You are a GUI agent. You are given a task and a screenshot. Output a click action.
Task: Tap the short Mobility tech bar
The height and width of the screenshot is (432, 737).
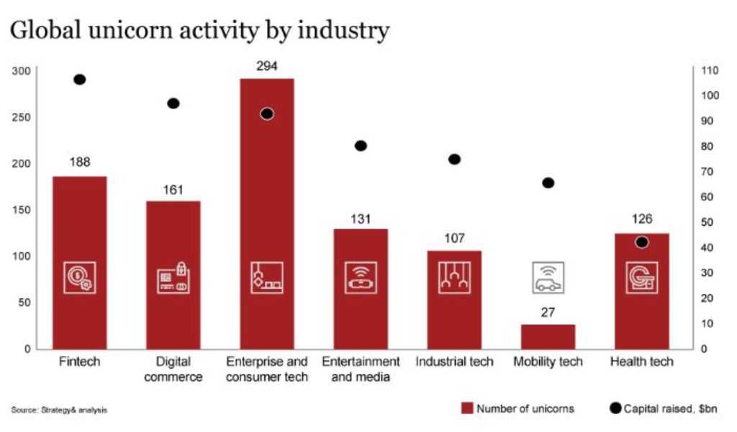pyautogui.click(x=548, y=336)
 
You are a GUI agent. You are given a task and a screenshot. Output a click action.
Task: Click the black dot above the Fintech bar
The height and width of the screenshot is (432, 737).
pyautogui.click(x=80, y=80)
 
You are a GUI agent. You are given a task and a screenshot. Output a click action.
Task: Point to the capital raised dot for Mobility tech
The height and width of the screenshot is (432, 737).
pyautogui.click(x=548, y=183)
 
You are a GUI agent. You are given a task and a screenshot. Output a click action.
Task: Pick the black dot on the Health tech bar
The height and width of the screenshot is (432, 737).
pyautogui.click(x=641, y=242)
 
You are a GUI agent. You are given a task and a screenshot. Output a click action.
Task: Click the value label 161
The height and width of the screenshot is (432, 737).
pyautogui.click(x=173, y=190)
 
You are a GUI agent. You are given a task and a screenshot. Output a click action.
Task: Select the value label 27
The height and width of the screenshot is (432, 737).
pyautogui.click(x=548, y=313)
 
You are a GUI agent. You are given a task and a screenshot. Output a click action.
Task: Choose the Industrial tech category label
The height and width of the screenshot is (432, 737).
pyautogui.click(x=453, y=362)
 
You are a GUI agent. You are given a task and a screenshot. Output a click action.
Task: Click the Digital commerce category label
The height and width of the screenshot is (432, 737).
pyautogui.click(x=173, y=369)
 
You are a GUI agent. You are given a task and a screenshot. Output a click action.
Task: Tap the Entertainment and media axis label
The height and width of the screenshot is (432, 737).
pyautogui.click(x=361, y=369)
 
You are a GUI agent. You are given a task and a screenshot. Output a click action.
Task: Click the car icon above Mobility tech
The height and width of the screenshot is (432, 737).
pyautogui.click(x=548, y=277)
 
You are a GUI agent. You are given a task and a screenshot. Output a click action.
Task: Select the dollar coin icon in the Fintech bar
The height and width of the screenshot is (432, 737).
pyautogui.click(x=79, y=277)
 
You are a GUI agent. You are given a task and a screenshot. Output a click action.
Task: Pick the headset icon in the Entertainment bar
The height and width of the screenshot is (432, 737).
pyautogui.click(x=361, y=277)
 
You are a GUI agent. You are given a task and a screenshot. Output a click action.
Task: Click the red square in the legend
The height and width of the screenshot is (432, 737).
pyautogui.click(x=466, y=408)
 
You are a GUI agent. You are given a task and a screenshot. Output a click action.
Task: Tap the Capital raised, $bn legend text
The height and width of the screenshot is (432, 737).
pyautogui.click(x=670, y=408)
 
